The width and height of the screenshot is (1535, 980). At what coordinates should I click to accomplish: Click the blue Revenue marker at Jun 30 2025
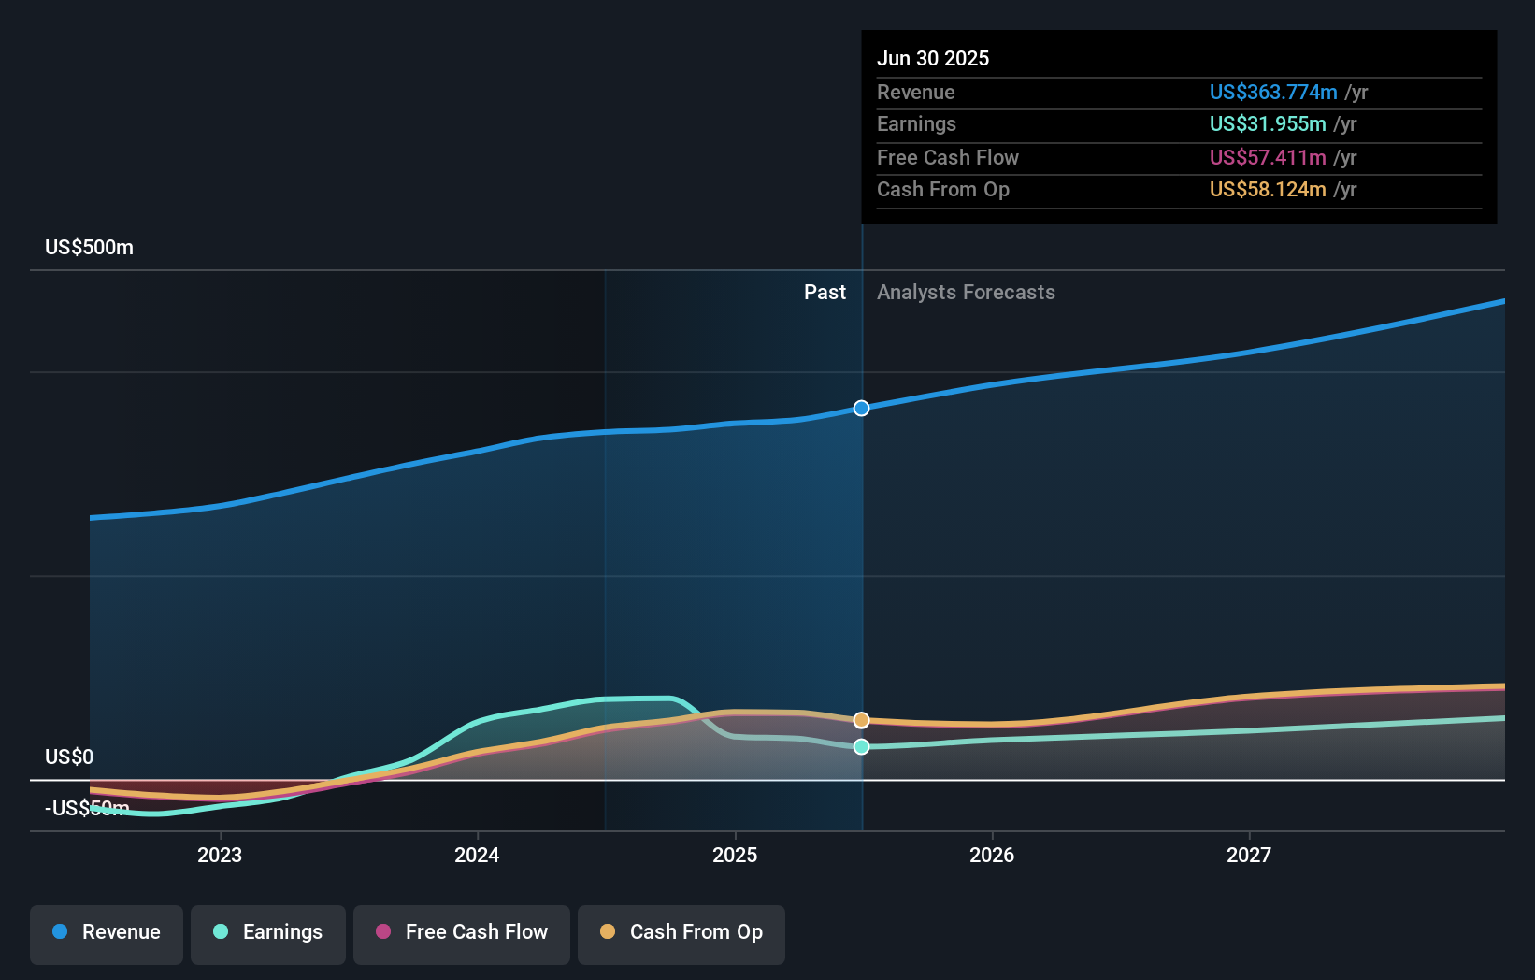pyautogui.click(x=861, y=409)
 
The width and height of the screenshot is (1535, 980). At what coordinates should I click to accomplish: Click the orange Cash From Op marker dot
pyautogui.click(x=861, y=720)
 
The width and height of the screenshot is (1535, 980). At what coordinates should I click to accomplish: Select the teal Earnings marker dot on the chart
pyautogui.click(x=861, y=746)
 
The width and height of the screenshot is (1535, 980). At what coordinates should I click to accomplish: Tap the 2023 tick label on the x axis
pyautogui.click(x=220, y=855)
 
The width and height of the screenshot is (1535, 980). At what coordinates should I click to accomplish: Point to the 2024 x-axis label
pyautogui.click(x=477, y=855)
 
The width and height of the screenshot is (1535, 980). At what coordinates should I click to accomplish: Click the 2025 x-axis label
pyautogui.click(x=735, y=855)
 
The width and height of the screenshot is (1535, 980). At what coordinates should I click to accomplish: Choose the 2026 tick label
pyautogui.click(x=992, y=855)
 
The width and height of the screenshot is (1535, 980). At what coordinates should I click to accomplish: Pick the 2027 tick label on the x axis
pyautogui.click(x=1249, y=855)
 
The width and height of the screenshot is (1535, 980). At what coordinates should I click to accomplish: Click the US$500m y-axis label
pyautogui.click(x=89, y=248)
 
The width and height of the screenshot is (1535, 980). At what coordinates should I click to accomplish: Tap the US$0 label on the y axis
pyautogui.click(x=69, y=757)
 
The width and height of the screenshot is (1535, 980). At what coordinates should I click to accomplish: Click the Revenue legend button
pyautogui.click(x=107, y=932)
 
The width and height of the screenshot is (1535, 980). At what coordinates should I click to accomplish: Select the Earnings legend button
pyautogui.click(x=268, y=932)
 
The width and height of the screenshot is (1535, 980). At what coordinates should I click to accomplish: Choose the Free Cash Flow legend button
pyautogui.click(x=462, y=932)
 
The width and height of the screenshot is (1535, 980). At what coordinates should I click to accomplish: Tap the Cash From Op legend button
pyautogui.click(x=681, y=932)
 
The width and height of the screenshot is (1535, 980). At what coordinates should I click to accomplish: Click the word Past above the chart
pyautogui.click(x=825, y=293)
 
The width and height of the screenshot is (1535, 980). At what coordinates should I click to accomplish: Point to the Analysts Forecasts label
pyautogui.click(x=966, y=293)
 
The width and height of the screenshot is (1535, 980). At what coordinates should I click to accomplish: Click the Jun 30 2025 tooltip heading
pyautogui.click(x=932, y=58)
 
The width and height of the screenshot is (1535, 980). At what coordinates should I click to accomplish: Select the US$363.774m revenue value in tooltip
pyautogui.click(x=1272, y=92)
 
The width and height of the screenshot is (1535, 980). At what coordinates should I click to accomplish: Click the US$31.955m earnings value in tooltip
pyautogui.click(x=1267, y=123)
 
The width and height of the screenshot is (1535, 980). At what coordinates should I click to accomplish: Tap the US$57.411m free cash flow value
pyautogui.click(x=1267, y=157)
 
